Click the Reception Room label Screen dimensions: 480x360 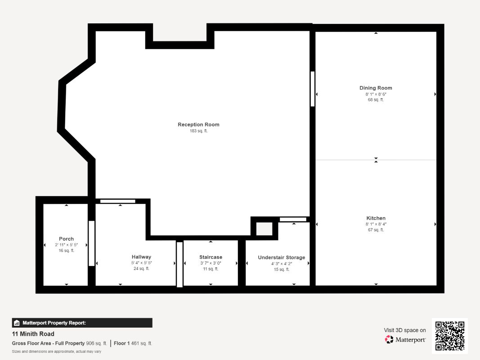198,125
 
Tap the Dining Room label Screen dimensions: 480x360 376,88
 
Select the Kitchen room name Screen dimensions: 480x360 376,218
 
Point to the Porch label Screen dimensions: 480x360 67,239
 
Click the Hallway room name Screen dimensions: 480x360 141,257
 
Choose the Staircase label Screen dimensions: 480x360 211,257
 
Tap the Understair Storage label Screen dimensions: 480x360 281,257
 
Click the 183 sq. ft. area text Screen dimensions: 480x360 198,131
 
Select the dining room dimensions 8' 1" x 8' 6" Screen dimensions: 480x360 376,94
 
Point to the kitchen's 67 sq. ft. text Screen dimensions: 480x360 376,230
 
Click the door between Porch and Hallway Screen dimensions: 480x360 91,243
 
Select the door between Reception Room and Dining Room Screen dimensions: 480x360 313,89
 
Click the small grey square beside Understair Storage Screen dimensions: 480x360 264,229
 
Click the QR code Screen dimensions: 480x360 450,336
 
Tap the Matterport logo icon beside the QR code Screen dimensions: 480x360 389,339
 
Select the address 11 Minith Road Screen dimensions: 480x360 33,334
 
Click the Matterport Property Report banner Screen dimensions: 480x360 82,323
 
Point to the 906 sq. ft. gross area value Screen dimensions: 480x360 96,343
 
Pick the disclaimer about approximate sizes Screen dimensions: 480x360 56,351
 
